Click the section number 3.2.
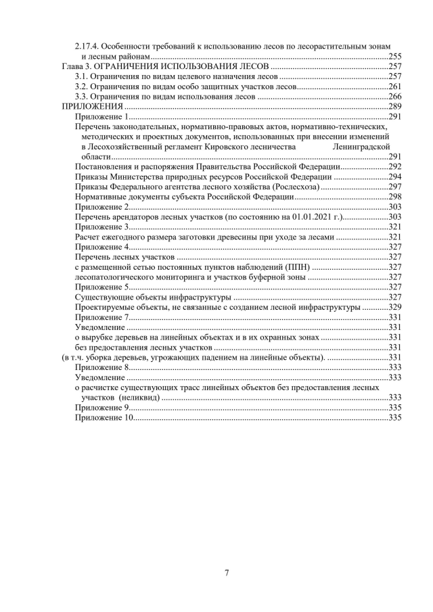click(81, 87)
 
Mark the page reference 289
click(396, 107)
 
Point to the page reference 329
click(396, 307)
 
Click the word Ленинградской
click(362, 146)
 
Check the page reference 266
click(396, 97)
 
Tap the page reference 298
click(396, 196)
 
